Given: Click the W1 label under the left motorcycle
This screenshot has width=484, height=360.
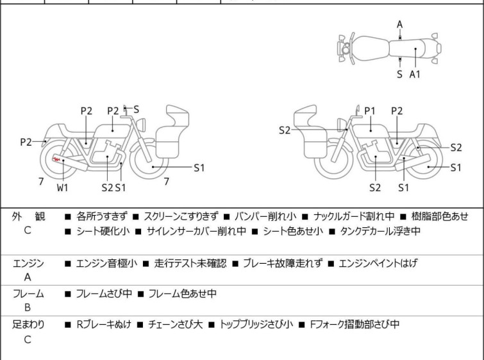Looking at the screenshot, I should tap(62, 187).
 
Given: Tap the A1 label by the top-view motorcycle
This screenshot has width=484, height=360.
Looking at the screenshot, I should tap(415, 74).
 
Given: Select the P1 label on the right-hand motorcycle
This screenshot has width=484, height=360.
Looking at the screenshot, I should tap(370, 111).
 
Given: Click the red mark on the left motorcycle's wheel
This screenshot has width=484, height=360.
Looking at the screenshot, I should tap(56, 159).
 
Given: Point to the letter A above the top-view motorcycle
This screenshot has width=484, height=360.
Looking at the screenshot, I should tap(399, 24).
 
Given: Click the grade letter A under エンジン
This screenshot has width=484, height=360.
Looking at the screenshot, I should tap(27, 278).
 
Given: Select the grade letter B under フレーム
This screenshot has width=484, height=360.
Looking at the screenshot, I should tap(27, 307).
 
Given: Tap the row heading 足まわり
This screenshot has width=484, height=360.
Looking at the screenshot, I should tap(29, 325).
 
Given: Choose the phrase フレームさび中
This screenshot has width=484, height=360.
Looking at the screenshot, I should tap(103, 294).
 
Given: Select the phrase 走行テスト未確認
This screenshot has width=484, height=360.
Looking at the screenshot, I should tap(190, 264).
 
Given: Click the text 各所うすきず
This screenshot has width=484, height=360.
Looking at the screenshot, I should tap(102, 217).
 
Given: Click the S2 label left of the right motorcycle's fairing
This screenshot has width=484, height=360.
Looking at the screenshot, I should tap(285, 130).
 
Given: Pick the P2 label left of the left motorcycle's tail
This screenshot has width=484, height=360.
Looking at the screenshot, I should tap(26, 142).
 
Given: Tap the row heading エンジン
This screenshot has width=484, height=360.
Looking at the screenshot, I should tap(29, 264).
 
